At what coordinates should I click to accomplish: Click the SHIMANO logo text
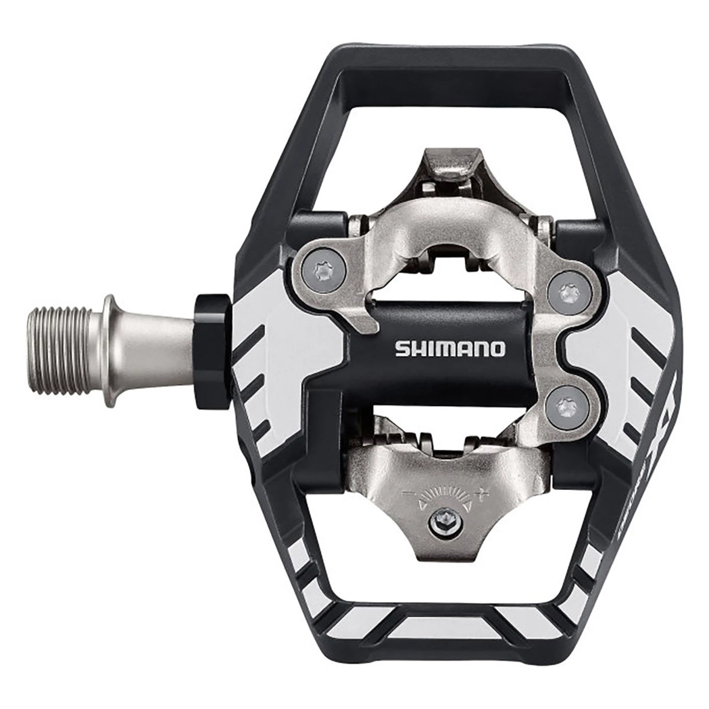[x=450, y=349]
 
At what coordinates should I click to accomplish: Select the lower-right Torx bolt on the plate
[x=560, y=406]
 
